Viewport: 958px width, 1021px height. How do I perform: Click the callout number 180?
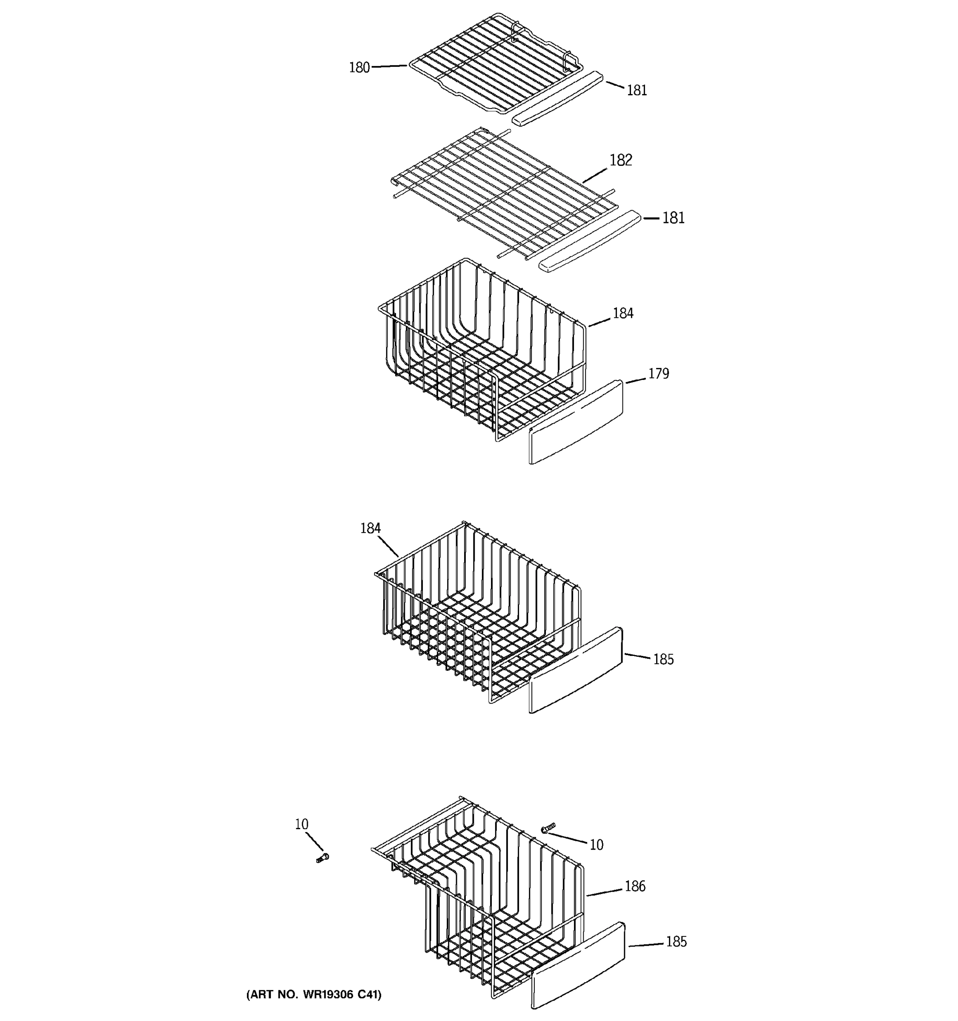click(x=359, y=67)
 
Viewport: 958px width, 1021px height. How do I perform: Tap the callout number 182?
click(x=620, y=160)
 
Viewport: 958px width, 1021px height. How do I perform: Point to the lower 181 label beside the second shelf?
click(x=673, y=218)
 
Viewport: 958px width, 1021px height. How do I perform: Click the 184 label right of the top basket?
click(x=623, y=313)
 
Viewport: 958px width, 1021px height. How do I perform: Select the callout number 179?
click(x=658, y=374)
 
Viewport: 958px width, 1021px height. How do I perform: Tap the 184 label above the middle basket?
click(x=370, y=528)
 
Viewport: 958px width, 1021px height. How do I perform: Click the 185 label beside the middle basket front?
click(x=663, y=659)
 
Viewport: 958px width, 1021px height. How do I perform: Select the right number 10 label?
click(x=596, y=845)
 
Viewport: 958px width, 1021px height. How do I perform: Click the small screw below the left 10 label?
click(x=322, y=858)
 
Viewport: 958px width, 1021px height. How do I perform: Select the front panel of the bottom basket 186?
click(x=578, y=966)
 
